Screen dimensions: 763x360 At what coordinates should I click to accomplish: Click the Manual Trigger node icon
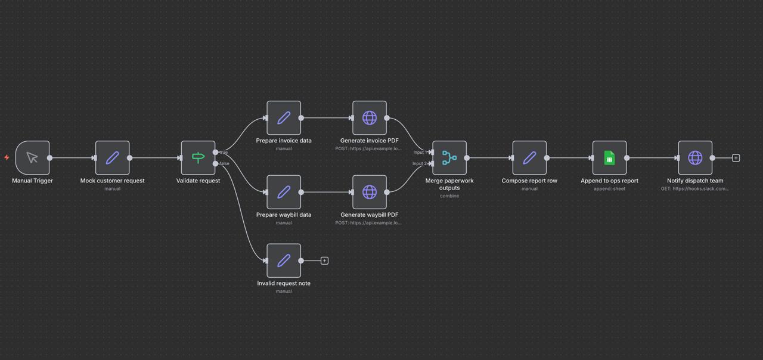click(32, 158)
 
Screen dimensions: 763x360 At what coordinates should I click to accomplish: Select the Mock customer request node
click(113, 158)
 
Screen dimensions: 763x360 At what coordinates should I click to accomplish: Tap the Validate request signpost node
click(198, 158)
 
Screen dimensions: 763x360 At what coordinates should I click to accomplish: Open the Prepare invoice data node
click(284, 118)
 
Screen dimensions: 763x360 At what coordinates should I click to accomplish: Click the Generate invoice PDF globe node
click(370, 118)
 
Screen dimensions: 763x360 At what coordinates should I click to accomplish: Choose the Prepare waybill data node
click(284, 192)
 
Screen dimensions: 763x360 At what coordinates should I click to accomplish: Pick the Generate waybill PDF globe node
click(370, 192)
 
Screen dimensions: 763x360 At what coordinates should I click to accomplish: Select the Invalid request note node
click(284, 260)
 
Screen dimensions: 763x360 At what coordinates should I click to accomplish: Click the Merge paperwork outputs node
click(449, 158)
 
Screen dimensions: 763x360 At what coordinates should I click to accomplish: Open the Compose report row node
click(530, 158)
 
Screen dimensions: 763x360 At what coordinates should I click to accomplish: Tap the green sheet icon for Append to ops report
click(609, 158)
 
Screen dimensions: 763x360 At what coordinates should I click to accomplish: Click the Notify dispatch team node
click(695, 158)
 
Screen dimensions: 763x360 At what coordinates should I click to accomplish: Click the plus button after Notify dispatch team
click(736, 158)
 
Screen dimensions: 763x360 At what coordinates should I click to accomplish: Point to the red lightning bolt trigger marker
click(7, 157)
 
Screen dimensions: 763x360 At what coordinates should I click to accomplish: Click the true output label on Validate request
click(224, 152)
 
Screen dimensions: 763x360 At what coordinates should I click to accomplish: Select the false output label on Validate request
click(224, 163)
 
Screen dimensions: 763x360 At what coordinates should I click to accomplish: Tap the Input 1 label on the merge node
click(420, 152)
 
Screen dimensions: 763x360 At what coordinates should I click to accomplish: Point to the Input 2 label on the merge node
click(419, 163)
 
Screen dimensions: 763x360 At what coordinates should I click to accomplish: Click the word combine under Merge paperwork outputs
click(449, 196)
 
